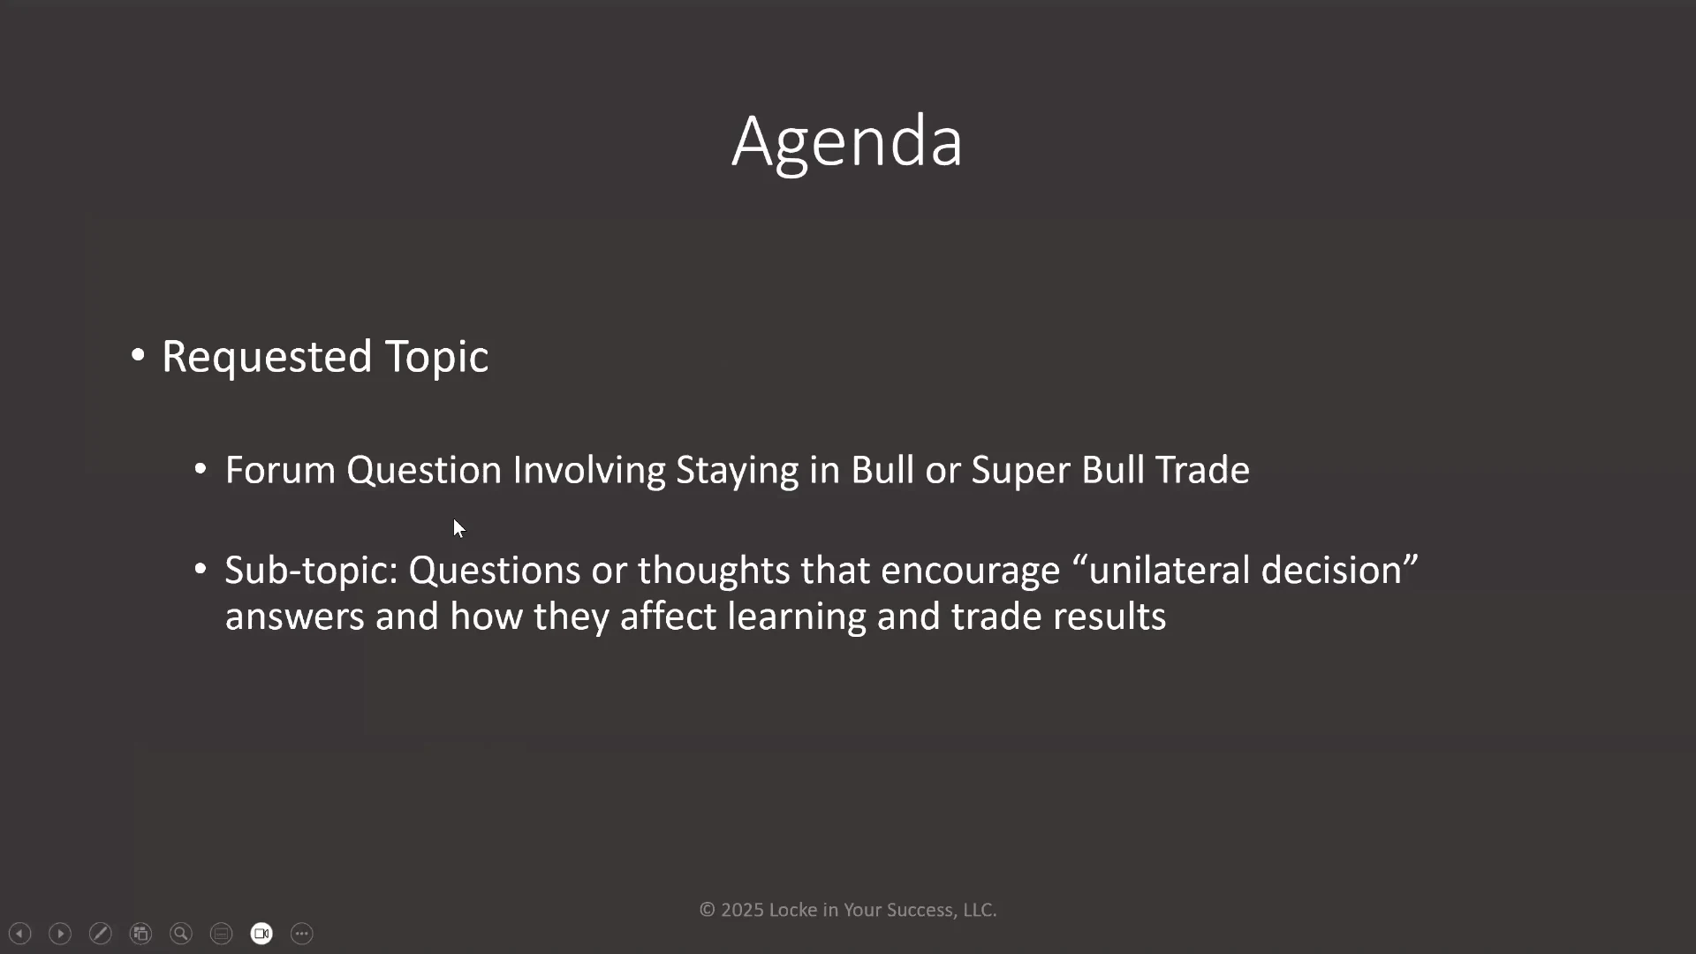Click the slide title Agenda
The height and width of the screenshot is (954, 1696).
tap(847, 142)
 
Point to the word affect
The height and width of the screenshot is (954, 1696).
tap(669, 616)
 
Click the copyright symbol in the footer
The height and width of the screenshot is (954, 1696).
tap(707, 910)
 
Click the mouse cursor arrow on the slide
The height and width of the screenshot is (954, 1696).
tap(458, 528)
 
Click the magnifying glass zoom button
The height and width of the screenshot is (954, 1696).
tap(181, 934)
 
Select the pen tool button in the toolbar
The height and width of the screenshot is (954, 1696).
tap(101, 934)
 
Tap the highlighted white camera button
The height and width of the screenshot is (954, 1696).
tap(261, 934)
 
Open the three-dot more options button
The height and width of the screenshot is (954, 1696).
tap(302, 934)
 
